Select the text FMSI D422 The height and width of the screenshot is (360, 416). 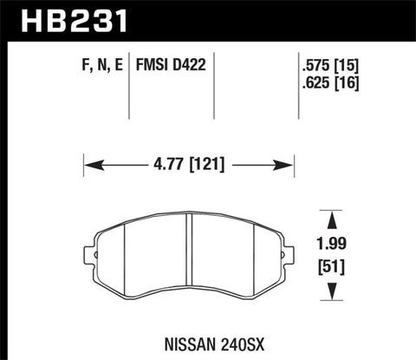(170, 65)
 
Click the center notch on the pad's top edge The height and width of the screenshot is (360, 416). (190, 214)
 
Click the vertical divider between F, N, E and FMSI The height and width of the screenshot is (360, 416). (130, 87)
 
